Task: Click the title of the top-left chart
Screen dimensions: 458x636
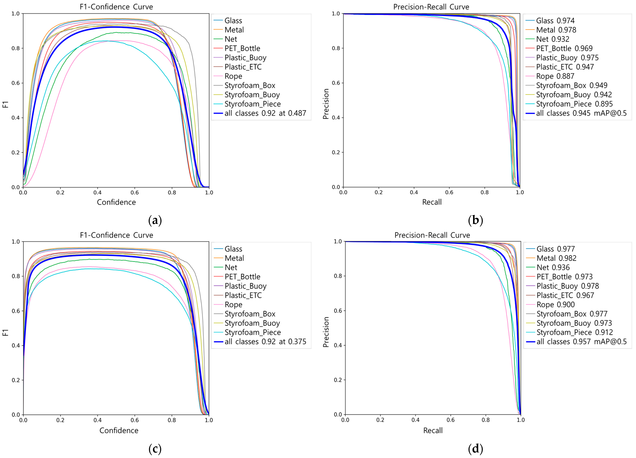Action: click(x=116, y=7)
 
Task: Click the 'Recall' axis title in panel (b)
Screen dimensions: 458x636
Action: click(x=432, y=202)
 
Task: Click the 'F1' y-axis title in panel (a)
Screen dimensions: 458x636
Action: click(x=5, y=104)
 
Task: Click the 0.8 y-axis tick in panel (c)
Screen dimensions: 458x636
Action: click(x=16, y=276)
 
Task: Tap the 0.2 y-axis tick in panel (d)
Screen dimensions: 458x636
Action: click(x=338, y=380)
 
